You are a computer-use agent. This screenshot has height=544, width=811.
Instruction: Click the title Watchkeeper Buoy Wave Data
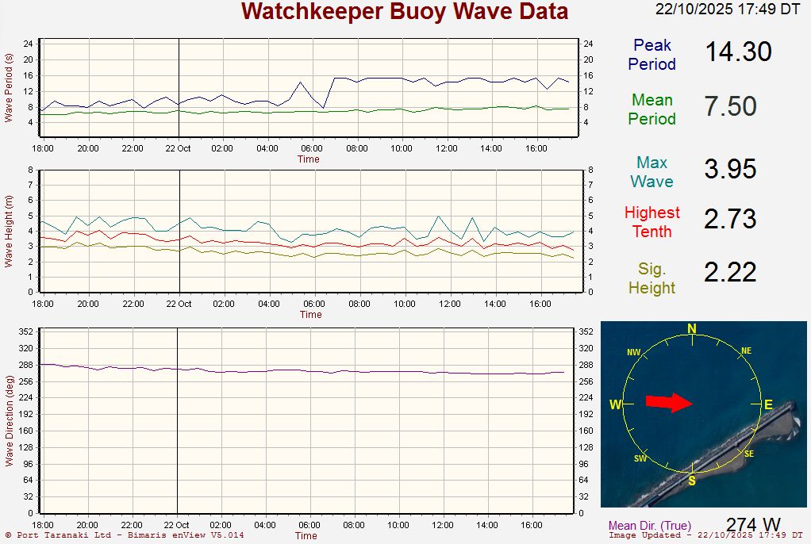[x=405, y=12]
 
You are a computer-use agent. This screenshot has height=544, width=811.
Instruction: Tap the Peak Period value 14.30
[x=738, y=52]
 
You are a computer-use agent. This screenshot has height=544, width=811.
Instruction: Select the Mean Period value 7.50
[x=730, y=107]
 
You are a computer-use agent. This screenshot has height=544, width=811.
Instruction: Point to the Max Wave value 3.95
[x=730, y=169]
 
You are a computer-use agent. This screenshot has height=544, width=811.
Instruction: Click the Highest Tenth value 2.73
[x=730, y=219]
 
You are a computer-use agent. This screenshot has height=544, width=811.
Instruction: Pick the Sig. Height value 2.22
[x=730, y=273]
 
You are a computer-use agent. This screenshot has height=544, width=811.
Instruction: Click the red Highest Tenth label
[x=652, y=222]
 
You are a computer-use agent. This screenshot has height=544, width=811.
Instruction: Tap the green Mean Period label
[x=652, y=109]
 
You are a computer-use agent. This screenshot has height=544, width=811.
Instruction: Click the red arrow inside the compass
[x=669, y=403]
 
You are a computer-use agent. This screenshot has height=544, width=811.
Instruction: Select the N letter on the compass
[x=692, y=329]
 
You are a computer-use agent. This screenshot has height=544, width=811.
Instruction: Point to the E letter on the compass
[x=768, y=404]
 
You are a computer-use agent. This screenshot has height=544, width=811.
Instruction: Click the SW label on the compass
[x=640, y=458]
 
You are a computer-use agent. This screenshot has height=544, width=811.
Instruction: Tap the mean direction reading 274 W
[x=753, y=525]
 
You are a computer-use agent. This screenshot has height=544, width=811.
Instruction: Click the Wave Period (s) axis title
[x=9, y=87]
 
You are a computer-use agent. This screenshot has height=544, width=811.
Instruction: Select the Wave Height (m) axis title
[x=9, y=231]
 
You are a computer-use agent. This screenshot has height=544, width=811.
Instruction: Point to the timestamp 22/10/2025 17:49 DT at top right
[x=728, y=10]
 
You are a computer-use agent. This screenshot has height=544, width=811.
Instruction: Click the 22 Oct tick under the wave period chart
[x=178, y=148]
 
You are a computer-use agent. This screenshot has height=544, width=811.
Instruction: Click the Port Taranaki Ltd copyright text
[x=125, y=535]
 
